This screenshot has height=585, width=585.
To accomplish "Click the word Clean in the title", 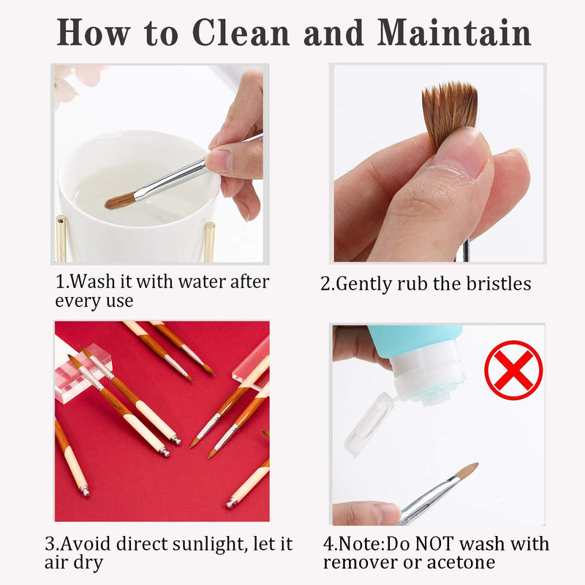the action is pyautogui.click(x=241, y=33).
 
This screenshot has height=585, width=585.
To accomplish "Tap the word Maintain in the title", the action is pyautogui.click(x=454, y=32).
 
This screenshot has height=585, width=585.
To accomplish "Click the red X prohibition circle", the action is pyautogui.click(x=513, y=370).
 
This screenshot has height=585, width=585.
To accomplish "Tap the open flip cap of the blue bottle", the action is pyautogui.click(x=369, y=423).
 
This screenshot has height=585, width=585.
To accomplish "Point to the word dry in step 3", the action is pyautogui.click(x=88, y=563).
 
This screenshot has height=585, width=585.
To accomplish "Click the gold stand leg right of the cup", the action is pyautogui.click(x=209, y=242).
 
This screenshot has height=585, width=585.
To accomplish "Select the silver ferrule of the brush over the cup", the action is pyautogui.click(x=170, y=179).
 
